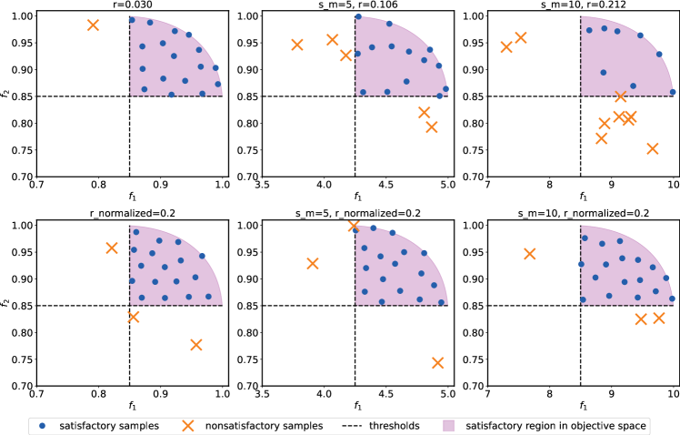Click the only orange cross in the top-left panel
point(93,25)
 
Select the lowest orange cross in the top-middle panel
point(432,126)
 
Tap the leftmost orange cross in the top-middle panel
point(297,45)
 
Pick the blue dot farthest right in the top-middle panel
point(445,88)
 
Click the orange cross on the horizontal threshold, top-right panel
point(621,96)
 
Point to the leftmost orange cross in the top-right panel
point(506,46)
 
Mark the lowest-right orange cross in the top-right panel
point(652,148)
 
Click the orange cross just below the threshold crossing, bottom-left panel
point(134,317)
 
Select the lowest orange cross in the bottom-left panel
point(195,344)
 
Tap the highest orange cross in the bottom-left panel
point(112,248)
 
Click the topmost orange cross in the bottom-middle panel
point(355,226)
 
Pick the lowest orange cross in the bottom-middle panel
point(437,362)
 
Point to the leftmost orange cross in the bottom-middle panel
point(313,264)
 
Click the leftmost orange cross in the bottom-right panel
point(529,254)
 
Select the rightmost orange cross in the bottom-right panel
point(659,318)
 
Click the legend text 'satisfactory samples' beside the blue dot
point(109,425)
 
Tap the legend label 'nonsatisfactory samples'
point(261,425)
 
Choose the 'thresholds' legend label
point(394,425)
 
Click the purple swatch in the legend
point(448,425)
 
